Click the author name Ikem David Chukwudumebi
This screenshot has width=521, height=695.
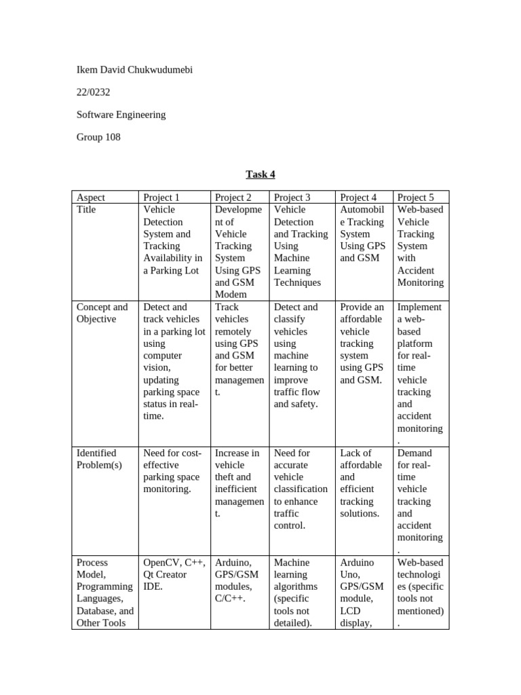click(x=134, y=70)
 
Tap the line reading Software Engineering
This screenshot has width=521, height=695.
click(x=121, y=115)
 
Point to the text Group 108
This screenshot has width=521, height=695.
click(x=98, y=137)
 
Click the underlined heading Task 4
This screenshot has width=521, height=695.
click(x=260, y=174)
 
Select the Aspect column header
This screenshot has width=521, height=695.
click(x=91, y=198)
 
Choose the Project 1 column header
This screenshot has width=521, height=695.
click(x=161, y=198)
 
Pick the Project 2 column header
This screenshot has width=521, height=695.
click(x=233, y=198)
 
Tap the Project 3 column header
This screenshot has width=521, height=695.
click(x=292, y=198)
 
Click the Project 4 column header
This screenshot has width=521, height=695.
click(x=358, y=198)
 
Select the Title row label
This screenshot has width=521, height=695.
click(x=86, y=210)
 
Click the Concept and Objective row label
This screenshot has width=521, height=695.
click(x=102, y=313)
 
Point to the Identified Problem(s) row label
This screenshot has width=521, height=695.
click(x=96, y=459)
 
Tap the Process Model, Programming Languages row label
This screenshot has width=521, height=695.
click(x=104, y=593)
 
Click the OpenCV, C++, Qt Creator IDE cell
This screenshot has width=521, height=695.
click(x=172, y=574)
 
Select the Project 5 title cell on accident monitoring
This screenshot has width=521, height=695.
click(x=420, y=246)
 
